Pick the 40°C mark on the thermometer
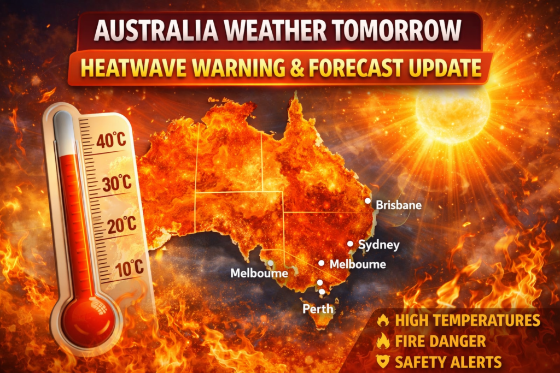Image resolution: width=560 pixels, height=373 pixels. pos(111,141)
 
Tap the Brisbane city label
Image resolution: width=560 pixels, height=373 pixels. pos(399,206)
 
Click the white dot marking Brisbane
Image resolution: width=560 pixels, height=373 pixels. pos(367,201)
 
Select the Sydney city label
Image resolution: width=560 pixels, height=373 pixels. pos(378,245)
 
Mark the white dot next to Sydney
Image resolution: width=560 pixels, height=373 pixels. pos(350,244)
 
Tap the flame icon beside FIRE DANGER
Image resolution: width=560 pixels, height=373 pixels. pos(383,342)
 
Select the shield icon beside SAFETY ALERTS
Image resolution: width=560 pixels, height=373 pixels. pos(383,361)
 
